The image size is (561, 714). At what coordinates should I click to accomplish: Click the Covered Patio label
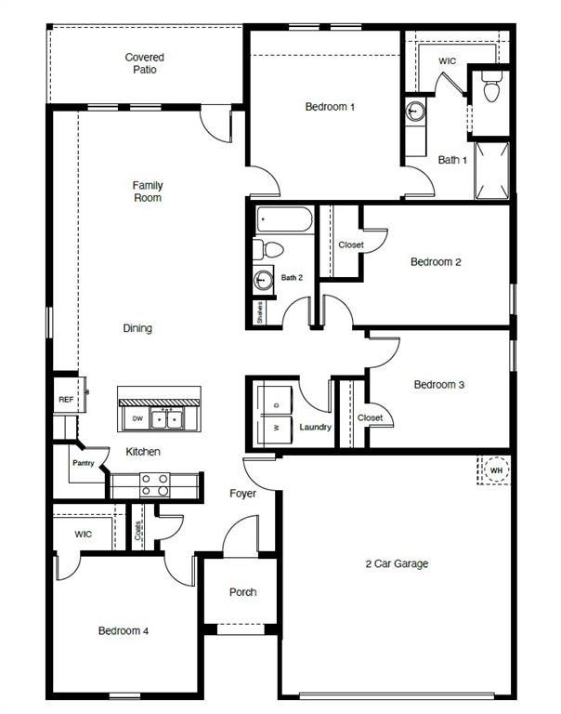tap(144, 63)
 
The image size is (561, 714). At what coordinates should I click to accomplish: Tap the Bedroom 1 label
tap(330, 107)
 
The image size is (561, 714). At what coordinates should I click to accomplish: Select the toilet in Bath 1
tap(491, 88)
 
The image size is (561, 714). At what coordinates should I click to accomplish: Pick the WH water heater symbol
tap(495, 470)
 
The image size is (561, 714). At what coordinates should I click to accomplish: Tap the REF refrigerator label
tap(65, 400)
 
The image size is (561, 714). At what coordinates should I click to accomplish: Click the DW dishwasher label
tap(137, 419)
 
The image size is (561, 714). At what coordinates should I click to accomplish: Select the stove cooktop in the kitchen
tap(154, 484)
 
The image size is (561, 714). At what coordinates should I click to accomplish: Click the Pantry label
tap(84, 463)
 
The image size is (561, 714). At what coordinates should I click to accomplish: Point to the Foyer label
tap(242, 494)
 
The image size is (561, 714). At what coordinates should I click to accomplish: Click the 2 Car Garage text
tap(397, 563)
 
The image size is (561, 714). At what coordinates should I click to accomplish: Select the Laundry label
tap(316, 427)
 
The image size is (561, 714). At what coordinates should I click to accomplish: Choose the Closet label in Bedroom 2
tap(351, 245)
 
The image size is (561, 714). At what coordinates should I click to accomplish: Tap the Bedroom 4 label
tap(124, 631)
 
